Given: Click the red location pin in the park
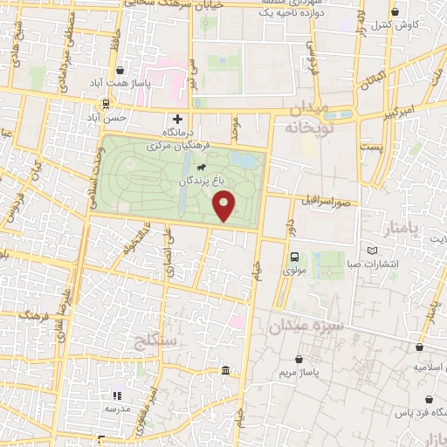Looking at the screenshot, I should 225,206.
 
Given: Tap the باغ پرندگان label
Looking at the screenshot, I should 209,182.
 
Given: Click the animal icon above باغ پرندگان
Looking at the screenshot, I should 202,166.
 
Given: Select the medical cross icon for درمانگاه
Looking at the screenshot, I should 178,118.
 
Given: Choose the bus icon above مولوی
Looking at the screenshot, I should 294,257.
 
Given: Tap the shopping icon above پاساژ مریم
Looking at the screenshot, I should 300,359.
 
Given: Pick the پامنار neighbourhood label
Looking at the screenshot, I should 402,229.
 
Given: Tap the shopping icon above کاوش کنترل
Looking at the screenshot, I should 397,12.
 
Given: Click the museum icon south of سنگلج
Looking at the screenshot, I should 226,373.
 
